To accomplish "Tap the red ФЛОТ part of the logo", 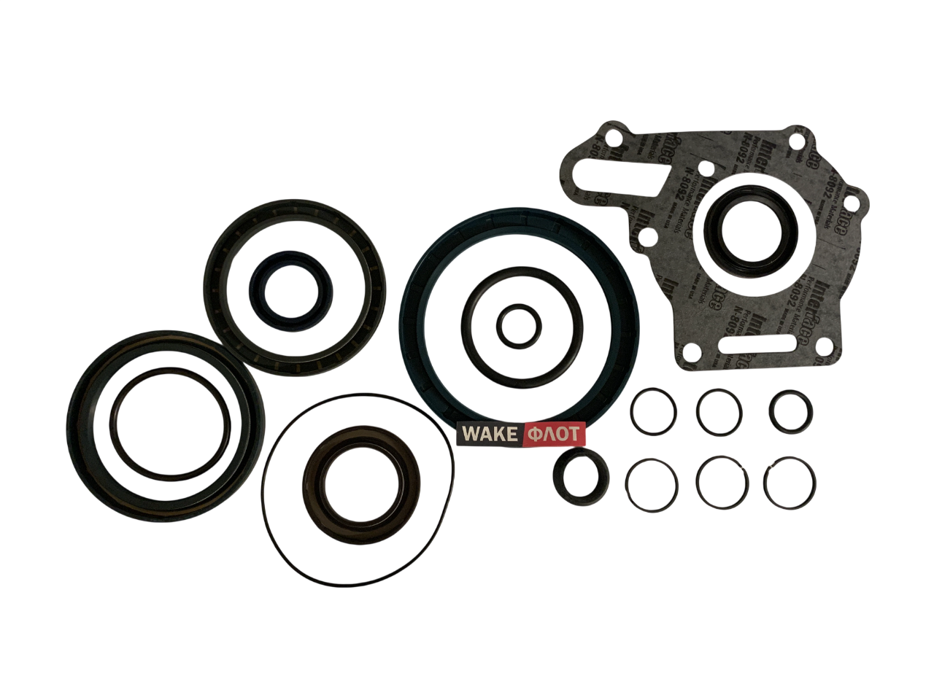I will click(554, 435).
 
